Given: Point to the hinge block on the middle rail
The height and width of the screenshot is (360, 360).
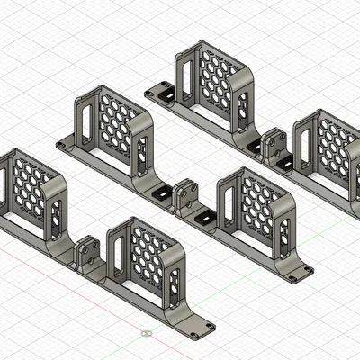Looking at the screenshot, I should coord(187,195).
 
